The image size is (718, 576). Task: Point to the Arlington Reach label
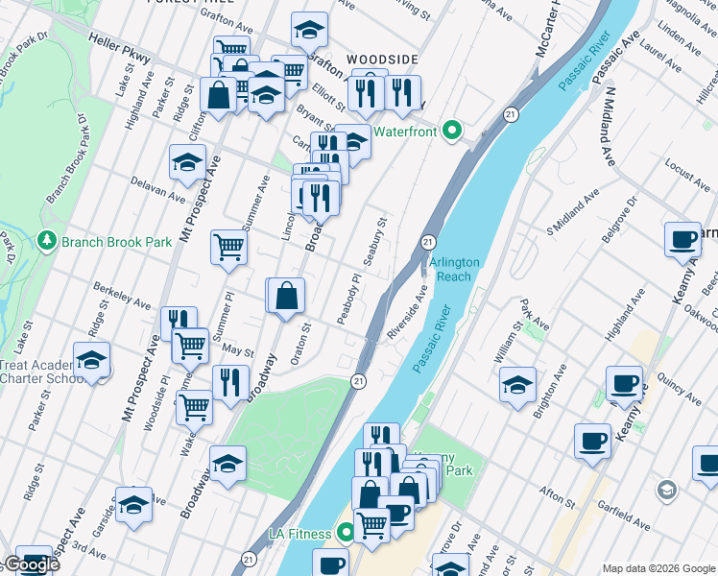450,269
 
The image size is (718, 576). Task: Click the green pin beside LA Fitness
344,533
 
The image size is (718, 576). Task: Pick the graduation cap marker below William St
517,385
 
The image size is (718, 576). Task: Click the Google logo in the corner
31,564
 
